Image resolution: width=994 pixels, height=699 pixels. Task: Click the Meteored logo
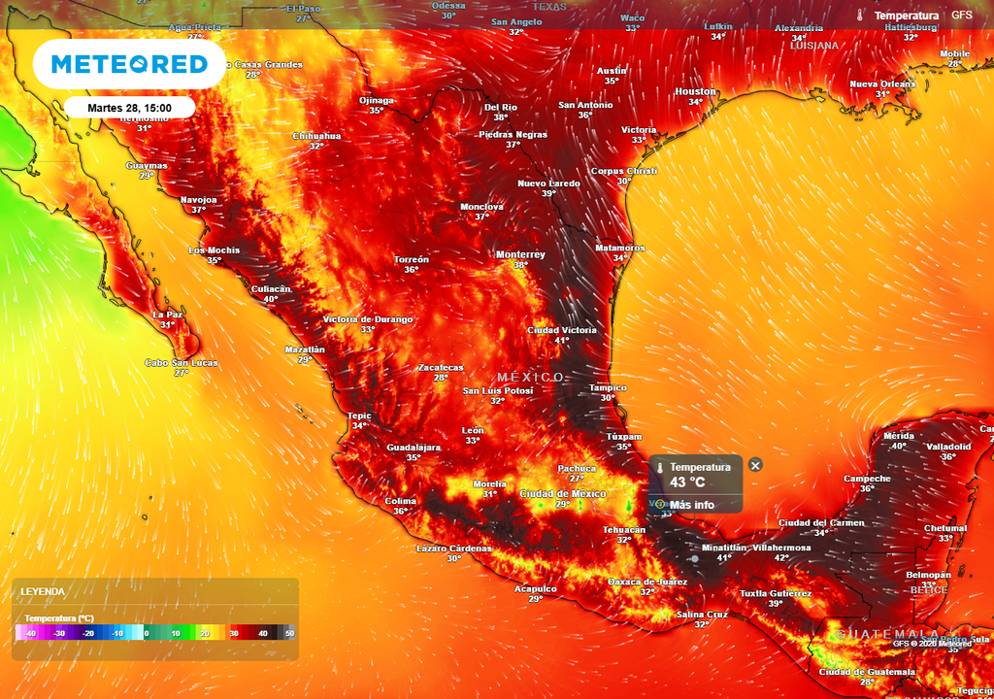click(x=129, y=65)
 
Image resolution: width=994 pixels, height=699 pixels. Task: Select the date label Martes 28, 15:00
click(x=129, y=108)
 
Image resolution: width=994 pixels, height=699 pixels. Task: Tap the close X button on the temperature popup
click(x=755, y=465)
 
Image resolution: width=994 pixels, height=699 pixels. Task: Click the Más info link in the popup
click(x=691, y=505)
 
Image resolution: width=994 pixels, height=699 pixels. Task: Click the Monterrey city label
click(x=520, y=255)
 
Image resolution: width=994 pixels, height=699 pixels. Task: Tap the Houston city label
click(x=695, y=92)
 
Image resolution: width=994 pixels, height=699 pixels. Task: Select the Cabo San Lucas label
click(x=182, y=363)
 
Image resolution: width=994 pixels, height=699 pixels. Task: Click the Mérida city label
click(x=899, y=436)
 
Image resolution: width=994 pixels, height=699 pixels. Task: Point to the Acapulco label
click(x=535, y=588)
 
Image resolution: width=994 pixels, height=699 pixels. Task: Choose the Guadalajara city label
click(x=414, y=448)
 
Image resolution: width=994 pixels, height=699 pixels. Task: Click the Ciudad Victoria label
click(x=561, y=330)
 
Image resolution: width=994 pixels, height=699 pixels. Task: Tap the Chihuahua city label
click(x=316, y=136)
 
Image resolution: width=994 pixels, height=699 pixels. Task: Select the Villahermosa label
click(x=781, y=548)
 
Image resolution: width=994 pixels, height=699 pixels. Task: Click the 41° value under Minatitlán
click(x=724, y=558)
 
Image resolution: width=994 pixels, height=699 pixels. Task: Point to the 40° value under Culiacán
click(x=270, y=299)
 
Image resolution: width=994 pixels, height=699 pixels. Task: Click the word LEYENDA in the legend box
click(x=43, y=591)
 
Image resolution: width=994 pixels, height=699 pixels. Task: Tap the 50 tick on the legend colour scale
click(x=289, y=633)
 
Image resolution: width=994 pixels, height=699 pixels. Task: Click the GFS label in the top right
click(x=961, y=16)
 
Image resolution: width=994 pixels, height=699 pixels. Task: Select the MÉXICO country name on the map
click(x=530, y=377)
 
